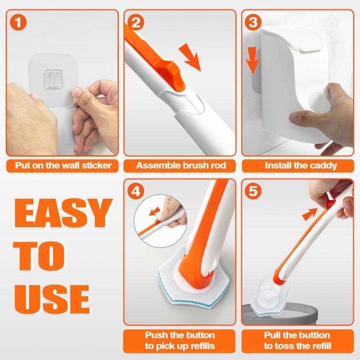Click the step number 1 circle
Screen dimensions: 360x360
(x=18, y=22)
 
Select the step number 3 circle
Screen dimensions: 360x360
(x=253, y=22)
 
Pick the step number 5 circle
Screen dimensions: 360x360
(x=253, y=191)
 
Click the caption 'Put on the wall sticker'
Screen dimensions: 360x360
(x=63, y=166)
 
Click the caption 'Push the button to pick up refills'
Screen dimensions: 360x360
(x=180, y=341)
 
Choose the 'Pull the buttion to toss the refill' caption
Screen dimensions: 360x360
(x=297, y=341)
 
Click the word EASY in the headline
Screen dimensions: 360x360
(x=63, y=213)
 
